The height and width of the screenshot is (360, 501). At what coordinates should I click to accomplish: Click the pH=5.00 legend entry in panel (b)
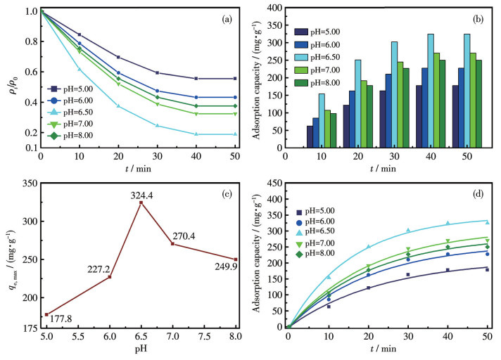click(329, 32)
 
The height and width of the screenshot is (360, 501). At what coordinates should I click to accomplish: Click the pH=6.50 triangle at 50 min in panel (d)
click(487, 223)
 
